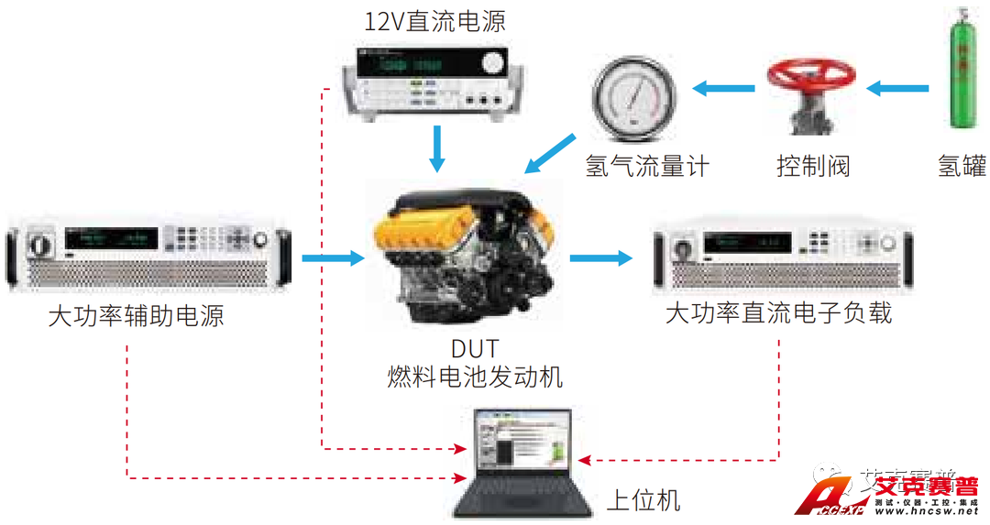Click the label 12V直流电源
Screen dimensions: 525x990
(434, 21)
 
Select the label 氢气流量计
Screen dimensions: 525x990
(647, 166)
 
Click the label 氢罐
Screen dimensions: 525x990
(962, 166)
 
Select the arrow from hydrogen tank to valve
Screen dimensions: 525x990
(897, 89)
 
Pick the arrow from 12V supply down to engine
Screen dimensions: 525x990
(437, 147)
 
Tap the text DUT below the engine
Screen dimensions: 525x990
(475, 349)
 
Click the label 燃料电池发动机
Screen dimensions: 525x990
(475, 376)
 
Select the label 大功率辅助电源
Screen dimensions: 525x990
(136, 317)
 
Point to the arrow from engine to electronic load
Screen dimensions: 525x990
(600, 257)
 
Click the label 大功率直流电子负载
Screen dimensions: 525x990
(778, 313)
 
